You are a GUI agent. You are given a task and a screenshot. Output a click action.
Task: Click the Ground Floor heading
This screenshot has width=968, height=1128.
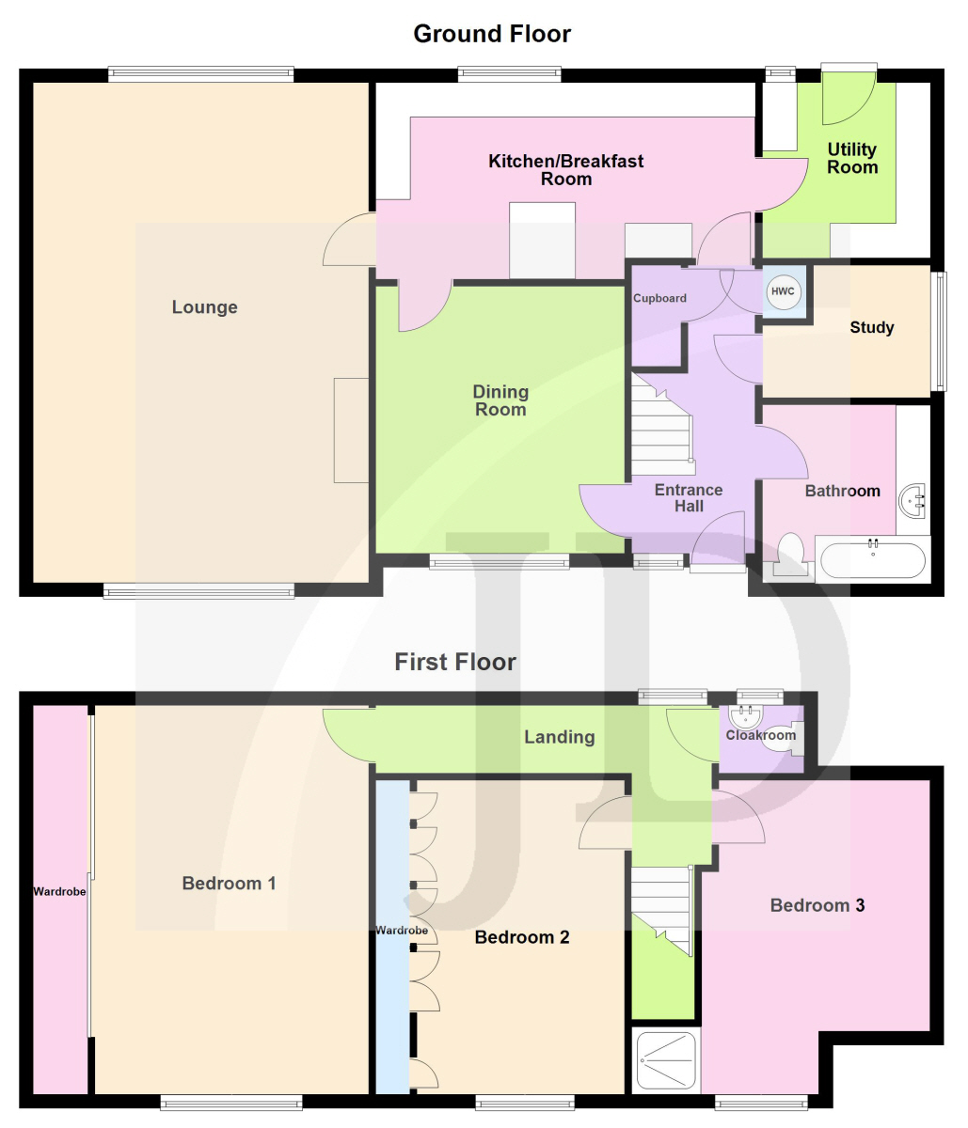coord(492,34)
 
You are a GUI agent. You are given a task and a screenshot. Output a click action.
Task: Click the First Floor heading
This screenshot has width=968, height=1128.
coord(455,662)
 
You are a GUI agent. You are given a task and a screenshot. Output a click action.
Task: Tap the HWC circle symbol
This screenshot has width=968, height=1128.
coord(783,291)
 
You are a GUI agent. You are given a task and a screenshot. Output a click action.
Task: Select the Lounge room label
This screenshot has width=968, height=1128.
coord(205,306)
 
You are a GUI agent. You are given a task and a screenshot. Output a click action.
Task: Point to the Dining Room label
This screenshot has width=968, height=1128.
coord(500,400)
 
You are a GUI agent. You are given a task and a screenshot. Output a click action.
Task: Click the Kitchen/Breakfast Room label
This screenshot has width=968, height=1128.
coord(566,170)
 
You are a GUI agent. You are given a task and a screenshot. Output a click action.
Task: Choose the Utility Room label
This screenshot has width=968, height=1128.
coord(852,158)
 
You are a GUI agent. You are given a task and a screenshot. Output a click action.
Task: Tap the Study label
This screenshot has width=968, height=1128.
coord(872,327)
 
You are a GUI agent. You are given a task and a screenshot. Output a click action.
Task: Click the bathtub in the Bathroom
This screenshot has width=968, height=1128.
coord(872,559)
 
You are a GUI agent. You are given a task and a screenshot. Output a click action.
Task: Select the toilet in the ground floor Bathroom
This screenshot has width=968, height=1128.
coord(790,554)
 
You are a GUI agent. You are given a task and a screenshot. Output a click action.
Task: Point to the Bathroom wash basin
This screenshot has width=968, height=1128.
coord(912,500)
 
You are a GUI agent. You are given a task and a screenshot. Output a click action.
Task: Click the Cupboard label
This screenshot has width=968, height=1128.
coord(659,298)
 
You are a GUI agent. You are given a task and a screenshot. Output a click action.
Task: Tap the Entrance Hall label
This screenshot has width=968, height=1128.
coord(689,497)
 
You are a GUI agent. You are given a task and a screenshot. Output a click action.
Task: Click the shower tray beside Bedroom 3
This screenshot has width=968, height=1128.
coord(666,1060)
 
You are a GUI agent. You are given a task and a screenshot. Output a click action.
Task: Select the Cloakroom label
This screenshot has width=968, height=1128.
coord(760,735)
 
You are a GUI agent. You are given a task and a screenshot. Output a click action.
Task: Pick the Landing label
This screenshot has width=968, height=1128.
coord(560,737)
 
